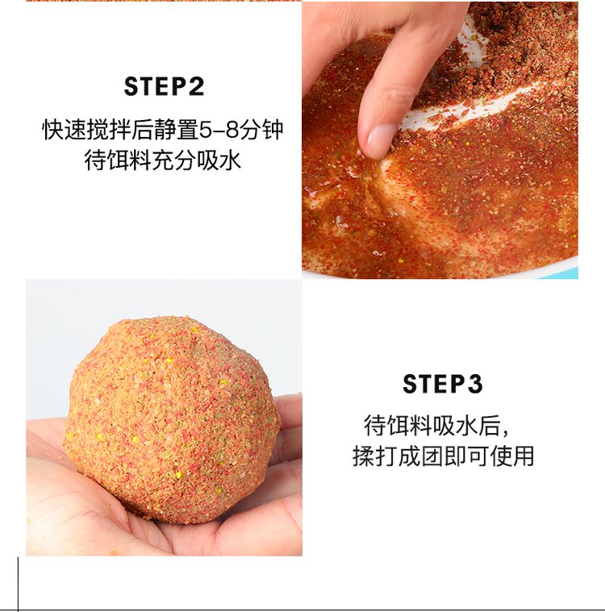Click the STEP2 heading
(x=164, y=86)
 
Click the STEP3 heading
(x=442, y=384)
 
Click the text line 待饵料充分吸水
(x=163, y=160)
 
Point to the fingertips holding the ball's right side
(x=286, y=435)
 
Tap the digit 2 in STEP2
(x=195, y=86)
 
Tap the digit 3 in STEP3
(x=474, y=384)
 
